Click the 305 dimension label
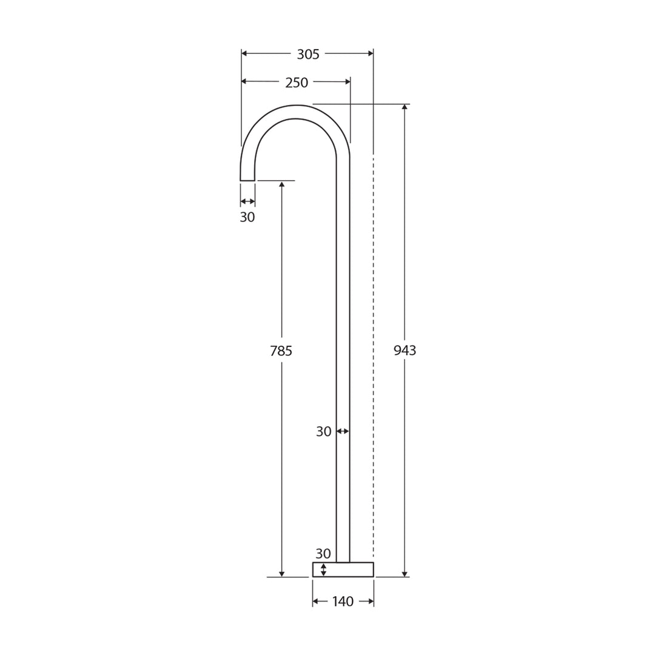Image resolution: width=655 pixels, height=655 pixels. tap(308, 55)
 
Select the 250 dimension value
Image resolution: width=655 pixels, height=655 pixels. tap(297, 82)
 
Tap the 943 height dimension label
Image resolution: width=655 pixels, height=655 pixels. tap(405, 351)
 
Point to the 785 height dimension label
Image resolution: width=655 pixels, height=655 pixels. tap(281, 351)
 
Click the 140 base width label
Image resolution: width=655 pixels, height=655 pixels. tap(343, 602)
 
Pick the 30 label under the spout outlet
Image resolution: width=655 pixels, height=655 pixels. tap(247, 218)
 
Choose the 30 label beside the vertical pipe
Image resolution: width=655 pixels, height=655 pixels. tap(324, 432)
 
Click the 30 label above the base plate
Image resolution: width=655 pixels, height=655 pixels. tap(323, 554)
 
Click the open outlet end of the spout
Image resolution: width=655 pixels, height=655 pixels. tap(247, 180)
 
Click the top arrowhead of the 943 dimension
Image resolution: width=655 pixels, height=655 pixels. tap(405, 107)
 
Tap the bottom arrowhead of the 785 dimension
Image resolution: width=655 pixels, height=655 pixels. tap(281, 573)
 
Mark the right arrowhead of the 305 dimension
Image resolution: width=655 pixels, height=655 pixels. tap(370, 53)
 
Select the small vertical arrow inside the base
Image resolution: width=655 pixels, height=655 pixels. tap(323, 569)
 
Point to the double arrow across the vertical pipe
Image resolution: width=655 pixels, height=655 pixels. tap(343, 431)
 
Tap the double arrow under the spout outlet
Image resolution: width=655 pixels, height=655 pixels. tap(247, 201)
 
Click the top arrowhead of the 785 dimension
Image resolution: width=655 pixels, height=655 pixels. tap(281, 184)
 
